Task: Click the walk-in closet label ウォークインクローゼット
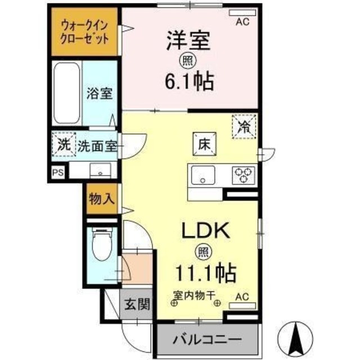pos(85,32)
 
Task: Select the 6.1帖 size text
pos(188,82)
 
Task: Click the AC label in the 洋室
pos(242,22)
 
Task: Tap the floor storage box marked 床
pos(203,143)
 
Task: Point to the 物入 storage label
pos(102,200)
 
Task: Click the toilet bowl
pos(102,246)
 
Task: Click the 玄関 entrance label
pos(137,305)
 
